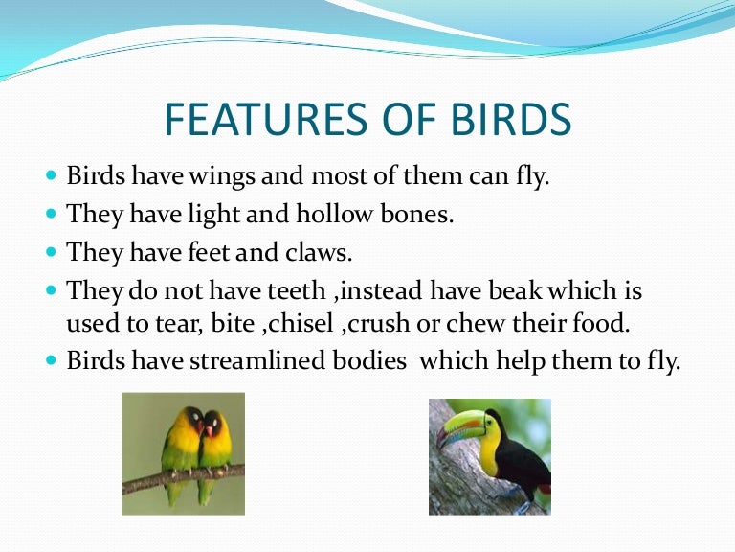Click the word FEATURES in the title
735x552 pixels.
(266, 119)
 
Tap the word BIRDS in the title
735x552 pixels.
(511, 119)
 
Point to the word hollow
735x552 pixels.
(335, 214)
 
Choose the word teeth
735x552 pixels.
(297, 290)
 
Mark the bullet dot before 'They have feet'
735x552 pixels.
(51, 252)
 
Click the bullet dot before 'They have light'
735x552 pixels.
(51, 214)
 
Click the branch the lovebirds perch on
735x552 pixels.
(184, 478)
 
